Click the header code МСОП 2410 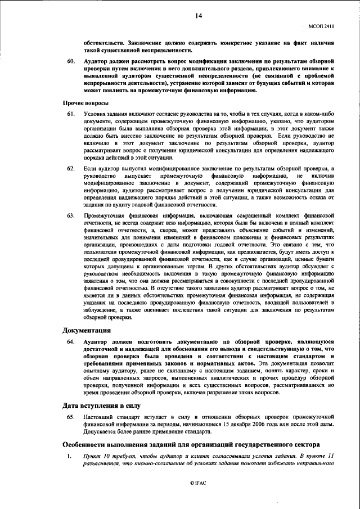coord(321,25)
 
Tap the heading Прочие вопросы coord(85,103)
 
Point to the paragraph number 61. coord(71,114)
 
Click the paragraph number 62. coord(71,169)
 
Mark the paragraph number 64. coord(71,341)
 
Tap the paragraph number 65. coord(71,417)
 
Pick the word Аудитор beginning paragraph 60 coord(95,59)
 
